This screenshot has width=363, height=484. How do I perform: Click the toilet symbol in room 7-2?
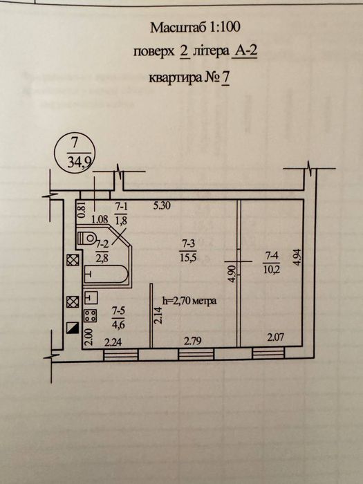tap(86, 238)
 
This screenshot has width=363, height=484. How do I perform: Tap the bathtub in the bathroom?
tap(106, 274)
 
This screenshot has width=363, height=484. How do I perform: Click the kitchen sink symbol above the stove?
tap(91, 297)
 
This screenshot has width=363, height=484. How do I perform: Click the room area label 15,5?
tap(189, 257)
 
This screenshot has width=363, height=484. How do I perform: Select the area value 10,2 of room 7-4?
tap(272, 270)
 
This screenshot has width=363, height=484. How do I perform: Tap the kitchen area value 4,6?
tap(118, 325)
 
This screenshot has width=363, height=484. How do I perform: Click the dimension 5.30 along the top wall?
tap(162, 205)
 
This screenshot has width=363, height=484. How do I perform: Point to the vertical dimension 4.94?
tap(297, 257)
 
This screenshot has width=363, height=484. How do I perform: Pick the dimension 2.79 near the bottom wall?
tap(193, 341)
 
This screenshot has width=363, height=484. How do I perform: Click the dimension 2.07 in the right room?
tap(276, 337)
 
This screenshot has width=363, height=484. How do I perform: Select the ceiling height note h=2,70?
tap(189, 301)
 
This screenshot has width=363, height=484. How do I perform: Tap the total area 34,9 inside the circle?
tap(79, 162)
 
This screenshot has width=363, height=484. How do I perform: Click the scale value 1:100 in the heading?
tap(225, 28)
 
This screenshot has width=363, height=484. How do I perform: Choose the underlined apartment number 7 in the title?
tap(225, 77)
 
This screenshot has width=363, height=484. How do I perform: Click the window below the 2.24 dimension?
tap(120, 355)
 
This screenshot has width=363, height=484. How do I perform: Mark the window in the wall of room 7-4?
tap(268, 353)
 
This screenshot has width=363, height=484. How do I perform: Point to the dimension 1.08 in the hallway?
tap(100, 219)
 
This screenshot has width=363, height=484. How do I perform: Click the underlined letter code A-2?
tap(244, 52)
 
